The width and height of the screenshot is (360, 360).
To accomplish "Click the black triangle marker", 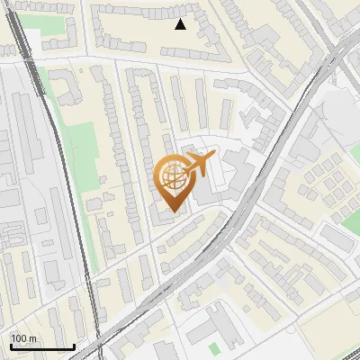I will pos(181,24).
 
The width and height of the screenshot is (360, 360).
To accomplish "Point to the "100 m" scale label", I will pos(24,338).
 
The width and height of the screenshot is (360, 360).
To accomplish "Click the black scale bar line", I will pos(41,346).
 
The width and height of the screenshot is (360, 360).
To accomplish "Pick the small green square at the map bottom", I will pos(213,348).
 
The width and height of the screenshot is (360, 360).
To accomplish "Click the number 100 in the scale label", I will pos(19,338).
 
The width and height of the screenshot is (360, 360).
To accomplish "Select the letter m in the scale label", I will pos(32,339).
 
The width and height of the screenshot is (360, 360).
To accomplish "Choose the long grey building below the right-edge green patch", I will pos(338,238).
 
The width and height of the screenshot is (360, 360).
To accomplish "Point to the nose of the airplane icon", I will pos(214,158).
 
